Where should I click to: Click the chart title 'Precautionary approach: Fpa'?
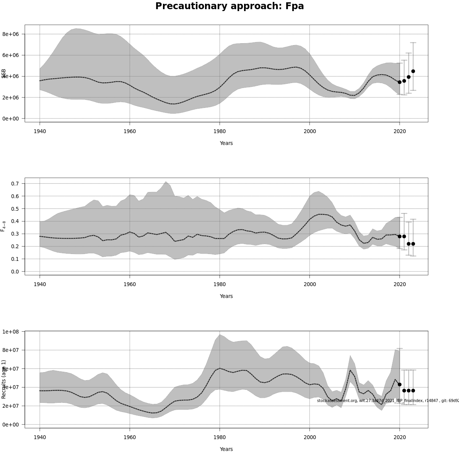pos(229,7)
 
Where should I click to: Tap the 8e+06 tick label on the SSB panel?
pos(11,34)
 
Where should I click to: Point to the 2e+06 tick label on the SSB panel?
pos(11,98)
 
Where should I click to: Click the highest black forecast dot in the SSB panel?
pos(413,71)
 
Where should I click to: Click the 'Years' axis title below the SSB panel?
pos(226,143)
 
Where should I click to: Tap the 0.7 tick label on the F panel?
pos(15,184)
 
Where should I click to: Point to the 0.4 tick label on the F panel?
pos(15,221)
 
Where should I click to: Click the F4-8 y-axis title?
pos(3,226)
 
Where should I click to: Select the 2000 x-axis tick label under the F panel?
pos(309,284)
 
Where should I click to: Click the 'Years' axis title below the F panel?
pos(226,296)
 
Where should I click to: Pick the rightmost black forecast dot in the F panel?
pos(413,244)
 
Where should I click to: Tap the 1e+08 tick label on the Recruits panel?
pos(11,331)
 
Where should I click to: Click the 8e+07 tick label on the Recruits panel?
pos(11,350)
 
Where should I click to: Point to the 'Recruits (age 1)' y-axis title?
pos(4,379)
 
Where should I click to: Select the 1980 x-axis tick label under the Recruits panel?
pos(220,437)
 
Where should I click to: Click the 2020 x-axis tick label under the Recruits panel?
pos(400,437)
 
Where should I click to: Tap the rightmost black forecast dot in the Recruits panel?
pos(413,391)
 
